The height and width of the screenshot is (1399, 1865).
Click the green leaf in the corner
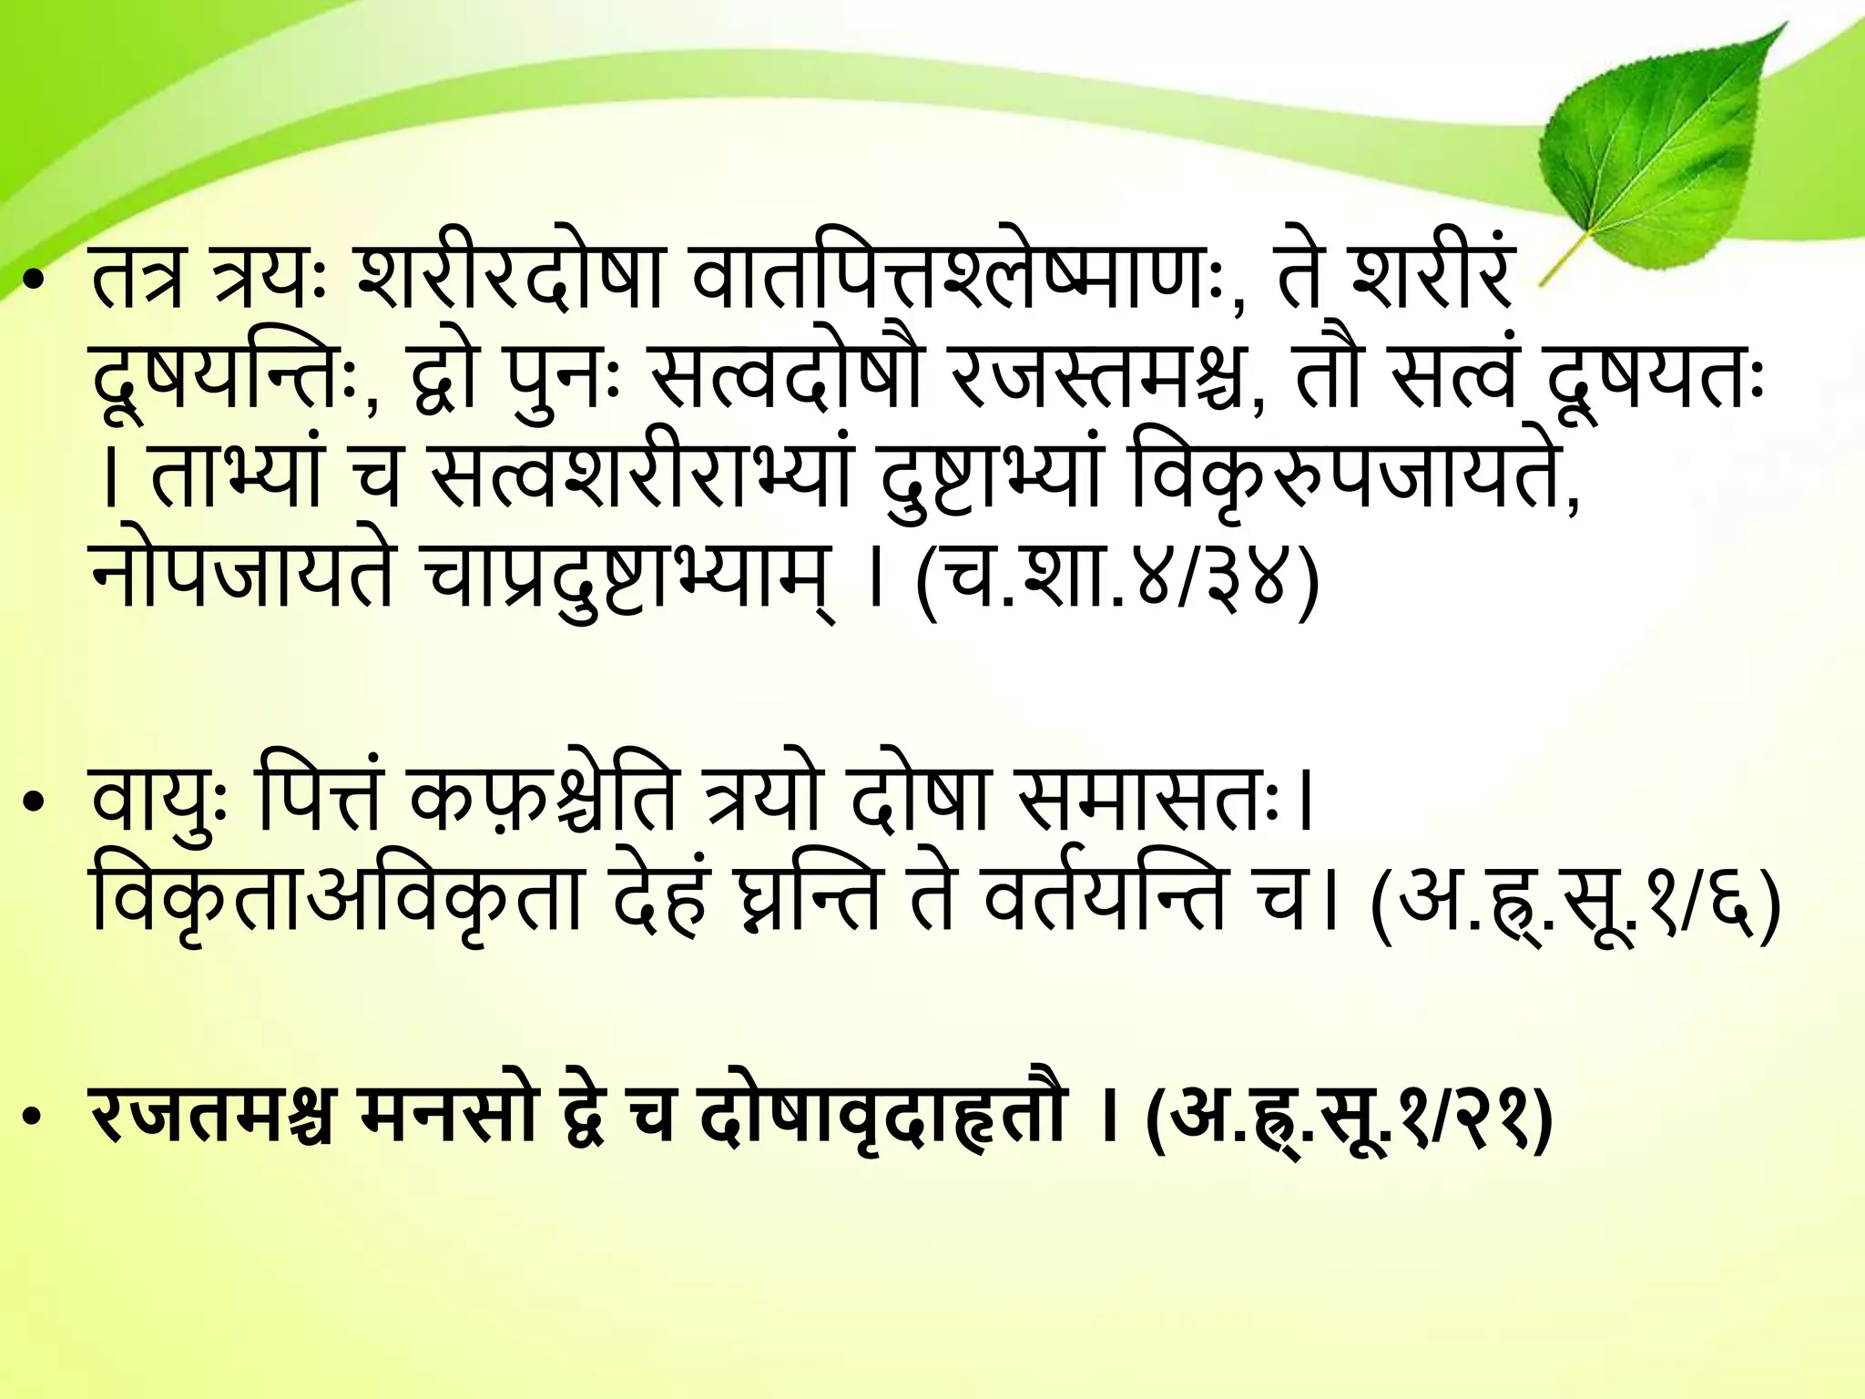point(1666,146)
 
